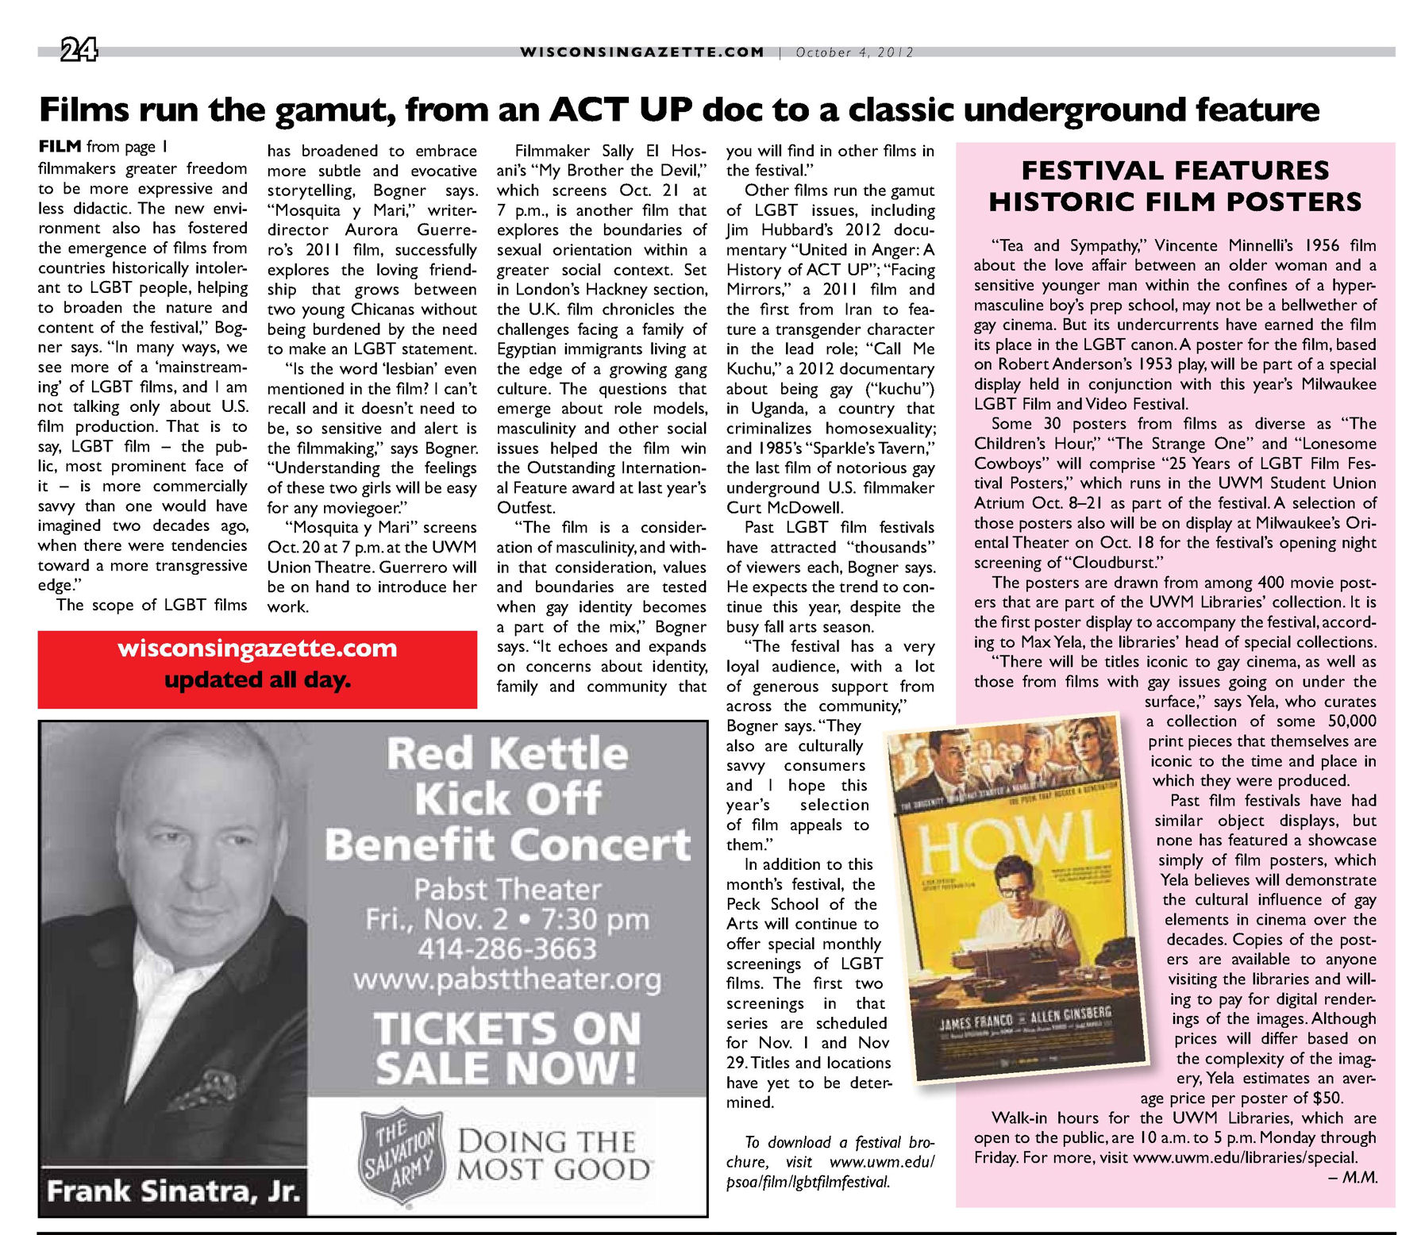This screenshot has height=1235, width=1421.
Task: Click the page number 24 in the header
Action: (79, 52)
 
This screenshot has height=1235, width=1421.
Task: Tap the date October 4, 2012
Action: (854, 52)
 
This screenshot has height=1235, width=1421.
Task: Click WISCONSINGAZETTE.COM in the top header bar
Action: (641, 52)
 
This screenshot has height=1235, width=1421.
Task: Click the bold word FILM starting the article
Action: (60, 147)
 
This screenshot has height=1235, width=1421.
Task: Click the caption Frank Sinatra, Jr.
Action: (173, 1191)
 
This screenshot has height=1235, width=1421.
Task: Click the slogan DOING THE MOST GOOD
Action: (554, 1156)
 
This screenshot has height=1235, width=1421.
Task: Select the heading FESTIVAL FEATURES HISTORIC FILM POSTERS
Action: (1175, 186)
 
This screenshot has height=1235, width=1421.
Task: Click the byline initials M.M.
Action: (1359, 1178)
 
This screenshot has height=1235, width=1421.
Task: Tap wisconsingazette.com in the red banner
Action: (257, 648)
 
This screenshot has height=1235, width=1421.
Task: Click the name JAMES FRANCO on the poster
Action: (976, 1022)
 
